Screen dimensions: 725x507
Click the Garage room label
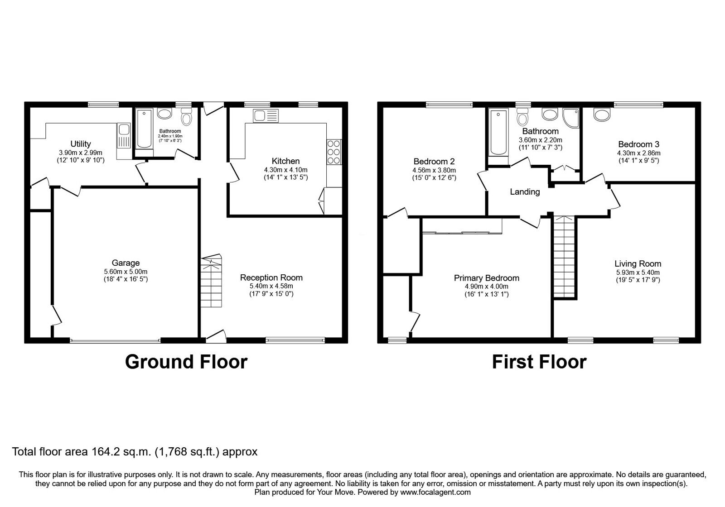coord(126,263)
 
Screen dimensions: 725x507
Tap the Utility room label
coord(81,144)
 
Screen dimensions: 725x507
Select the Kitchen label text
coord(285,161)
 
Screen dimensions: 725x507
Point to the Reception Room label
coord(271,277)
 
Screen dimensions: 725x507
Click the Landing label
coord(525,192)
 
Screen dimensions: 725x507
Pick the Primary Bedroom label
coord(487,278)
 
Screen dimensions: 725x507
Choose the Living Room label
coord(638,264)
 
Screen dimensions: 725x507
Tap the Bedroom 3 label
coord(638,144)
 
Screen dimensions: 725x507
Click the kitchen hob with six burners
coord(333,152)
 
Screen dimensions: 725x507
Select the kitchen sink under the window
coord(266,116)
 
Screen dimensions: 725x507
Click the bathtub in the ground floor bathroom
coord(144,129)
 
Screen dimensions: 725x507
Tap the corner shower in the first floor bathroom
coord(571,118)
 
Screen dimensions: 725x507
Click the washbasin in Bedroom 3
coord(602,114)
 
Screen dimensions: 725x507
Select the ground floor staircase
coord(211,281)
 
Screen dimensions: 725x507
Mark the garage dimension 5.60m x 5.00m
coord(126,272)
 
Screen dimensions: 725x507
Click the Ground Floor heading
coord(186,362)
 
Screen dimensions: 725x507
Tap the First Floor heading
coord(539,362)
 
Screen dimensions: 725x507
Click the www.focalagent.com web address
coord(435,492)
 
